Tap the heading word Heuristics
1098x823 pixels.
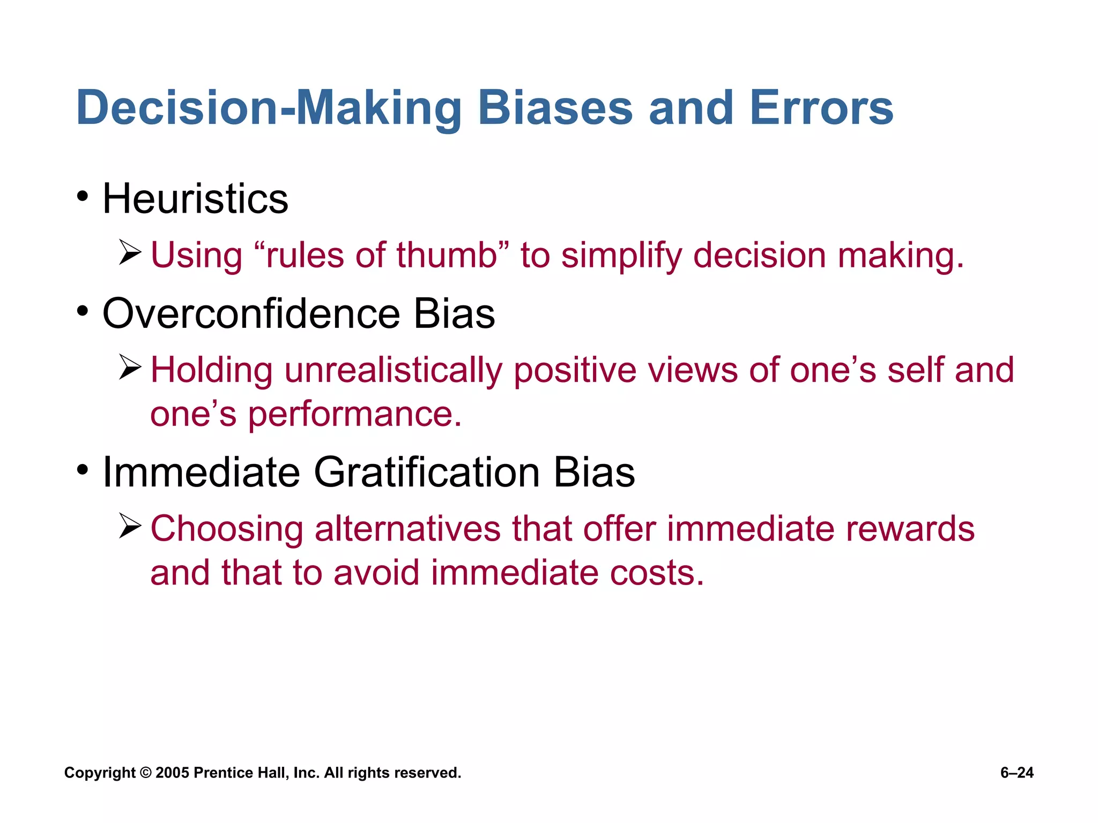pyautogui.click(x=195, y=199)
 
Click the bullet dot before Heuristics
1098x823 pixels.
pyautogui.click(x=82, y=196)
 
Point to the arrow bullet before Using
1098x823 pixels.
pyautogui.click(x=130, y=252)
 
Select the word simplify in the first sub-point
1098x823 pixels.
pyautogui.click(x=621, y=256)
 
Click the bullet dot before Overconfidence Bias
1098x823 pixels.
pyautogui.click(x=82, y=311)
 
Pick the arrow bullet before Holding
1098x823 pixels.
pyautogui.click(x=130, y=368)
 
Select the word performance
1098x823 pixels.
pyautogui.click(x=354, y=415)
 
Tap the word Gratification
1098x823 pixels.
pyautogui.click(x=427, y=473)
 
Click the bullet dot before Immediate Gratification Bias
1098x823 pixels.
pyautogui.click(x=82, y=470)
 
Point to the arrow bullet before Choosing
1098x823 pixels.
pyautogui.click(x=130, y=526)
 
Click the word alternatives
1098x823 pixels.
pyautogui.click(x=407, y=529)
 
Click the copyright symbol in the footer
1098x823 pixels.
pyautogui.click(x=145, y=773)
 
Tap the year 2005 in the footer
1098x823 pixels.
pyautogui.click(x=172, y=773)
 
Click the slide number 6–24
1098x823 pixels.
pyautogui.click(x=1017, y=773)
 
